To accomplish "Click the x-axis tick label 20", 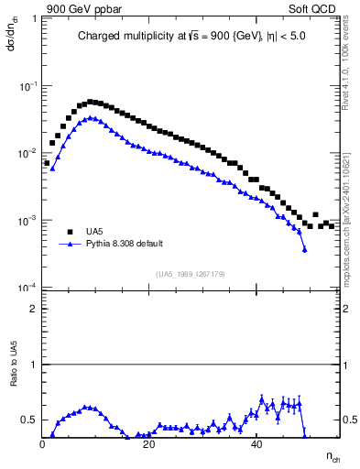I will pos(149,445).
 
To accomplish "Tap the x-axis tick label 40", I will pos(256,445).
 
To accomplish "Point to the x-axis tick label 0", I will pos(43,445).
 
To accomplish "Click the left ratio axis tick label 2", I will pos(33,309).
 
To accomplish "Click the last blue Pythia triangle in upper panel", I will pos(304,249).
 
